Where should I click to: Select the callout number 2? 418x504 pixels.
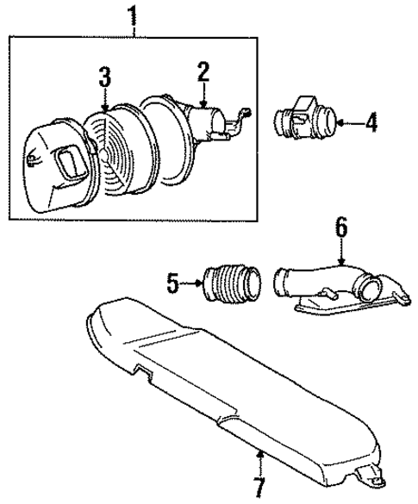pos(203,73)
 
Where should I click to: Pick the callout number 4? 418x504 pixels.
pos(371,124)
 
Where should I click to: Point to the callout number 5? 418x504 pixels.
pos(171,280)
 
